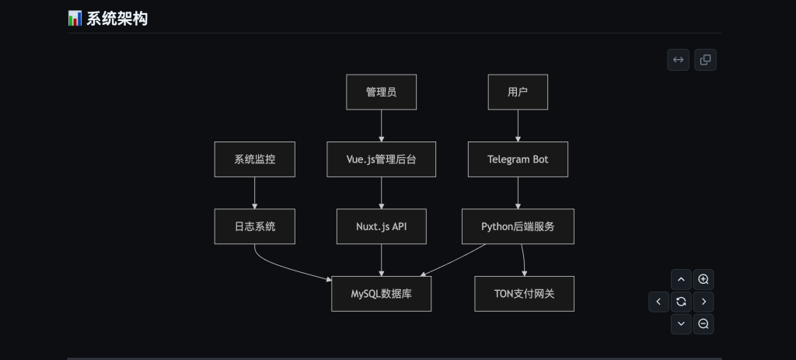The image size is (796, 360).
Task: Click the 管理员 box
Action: pyautogui.click(x=381, y=92)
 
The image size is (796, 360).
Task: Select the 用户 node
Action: pyautogui.click(x=518, y=92)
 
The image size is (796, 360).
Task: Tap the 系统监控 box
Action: pyautogui.click(x=254, y=159)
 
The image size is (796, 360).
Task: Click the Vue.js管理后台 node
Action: pyautogui.click(x=381, y=159)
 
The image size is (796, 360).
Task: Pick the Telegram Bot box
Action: pyautogui.click(x=518, y=159)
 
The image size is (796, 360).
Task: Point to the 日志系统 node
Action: pyautogui.click(x=254, y=226)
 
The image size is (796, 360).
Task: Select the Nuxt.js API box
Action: pyautogui.click(x=381, y=226)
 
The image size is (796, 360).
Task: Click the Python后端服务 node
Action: pyautogui.click(x=518, y=226)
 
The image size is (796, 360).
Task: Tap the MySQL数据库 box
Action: pyautogui.click(x=381, y=294)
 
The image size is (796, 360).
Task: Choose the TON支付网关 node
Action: pyautogui.click(x=524, y=294)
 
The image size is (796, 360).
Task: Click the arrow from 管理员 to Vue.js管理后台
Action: pyautogui.click(x=381, y=125)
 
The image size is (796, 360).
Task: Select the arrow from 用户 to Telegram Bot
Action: pyautogui.click(x=518, y=125)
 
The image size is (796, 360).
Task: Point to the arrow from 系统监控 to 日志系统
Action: pyautogui.click(x=254, y=193)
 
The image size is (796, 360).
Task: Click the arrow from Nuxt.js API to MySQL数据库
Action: pyautogui.click(x=381, y=260)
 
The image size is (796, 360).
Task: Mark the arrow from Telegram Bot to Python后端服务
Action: pyautogui.click(x=518, y=193)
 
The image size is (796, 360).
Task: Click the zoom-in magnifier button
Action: pyautogui.click(x=703, y=279)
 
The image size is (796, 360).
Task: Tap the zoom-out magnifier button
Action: pyautogui.click(x=703, y=323)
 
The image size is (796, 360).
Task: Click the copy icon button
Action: pyautogui.click(x=705, y=60)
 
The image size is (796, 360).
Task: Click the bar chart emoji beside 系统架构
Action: pyautogui.click(x=75, y=18)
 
